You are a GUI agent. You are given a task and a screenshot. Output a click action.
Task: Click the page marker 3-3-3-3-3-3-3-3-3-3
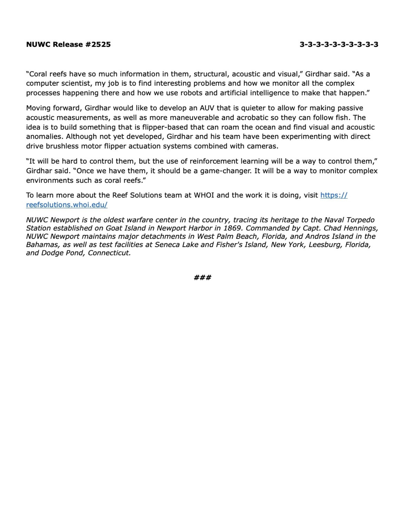[x=339, y=44]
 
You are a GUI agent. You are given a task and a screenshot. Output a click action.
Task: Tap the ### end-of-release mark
[x=202, y=277]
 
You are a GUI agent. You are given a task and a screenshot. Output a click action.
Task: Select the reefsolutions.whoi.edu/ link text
[x=67, y=205]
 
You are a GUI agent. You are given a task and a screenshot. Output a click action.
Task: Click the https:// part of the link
[x=334, y=195]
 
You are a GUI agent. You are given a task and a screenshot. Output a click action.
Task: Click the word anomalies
[x=44, y=137]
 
